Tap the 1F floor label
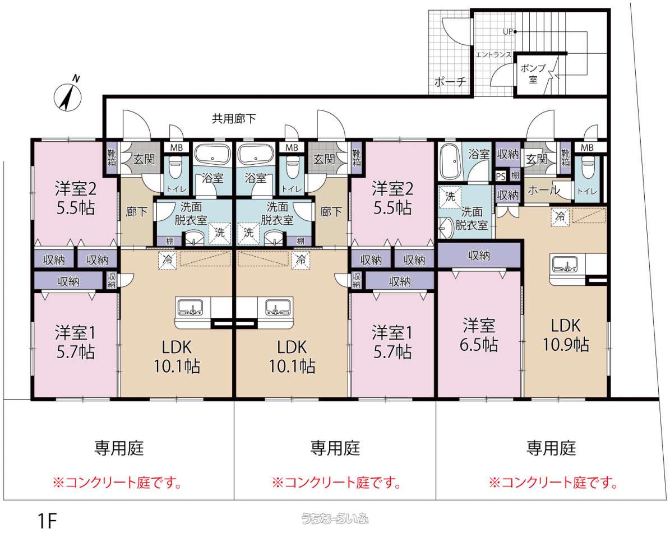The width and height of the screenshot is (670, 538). coord(48,521)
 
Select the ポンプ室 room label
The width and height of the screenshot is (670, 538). coord(533,73)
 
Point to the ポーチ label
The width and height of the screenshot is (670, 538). coord(450,82)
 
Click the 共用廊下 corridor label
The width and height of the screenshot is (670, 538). coord(234,118)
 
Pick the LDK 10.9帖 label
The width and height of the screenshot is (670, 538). coord(566,335)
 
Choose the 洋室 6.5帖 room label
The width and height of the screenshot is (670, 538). coord(479,335)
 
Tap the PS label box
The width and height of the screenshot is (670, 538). coord(501,176)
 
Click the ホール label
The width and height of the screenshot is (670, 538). coord(543,191)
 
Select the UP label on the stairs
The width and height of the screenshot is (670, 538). coord(507,31)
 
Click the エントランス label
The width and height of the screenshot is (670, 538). coord(493,55)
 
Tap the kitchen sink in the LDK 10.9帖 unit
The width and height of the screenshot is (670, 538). coord(566,264)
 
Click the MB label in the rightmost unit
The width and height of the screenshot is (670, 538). coord(586,148)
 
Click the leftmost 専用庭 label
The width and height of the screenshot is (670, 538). coord(119,448)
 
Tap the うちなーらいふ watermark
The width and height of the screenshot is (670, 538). coord(335,518)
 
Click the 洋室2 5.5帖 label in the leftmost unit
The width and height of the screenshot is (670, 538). coord(76,198)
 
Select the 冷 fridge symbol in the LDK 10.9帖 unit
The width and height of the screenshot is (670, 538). coord(560,216)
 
